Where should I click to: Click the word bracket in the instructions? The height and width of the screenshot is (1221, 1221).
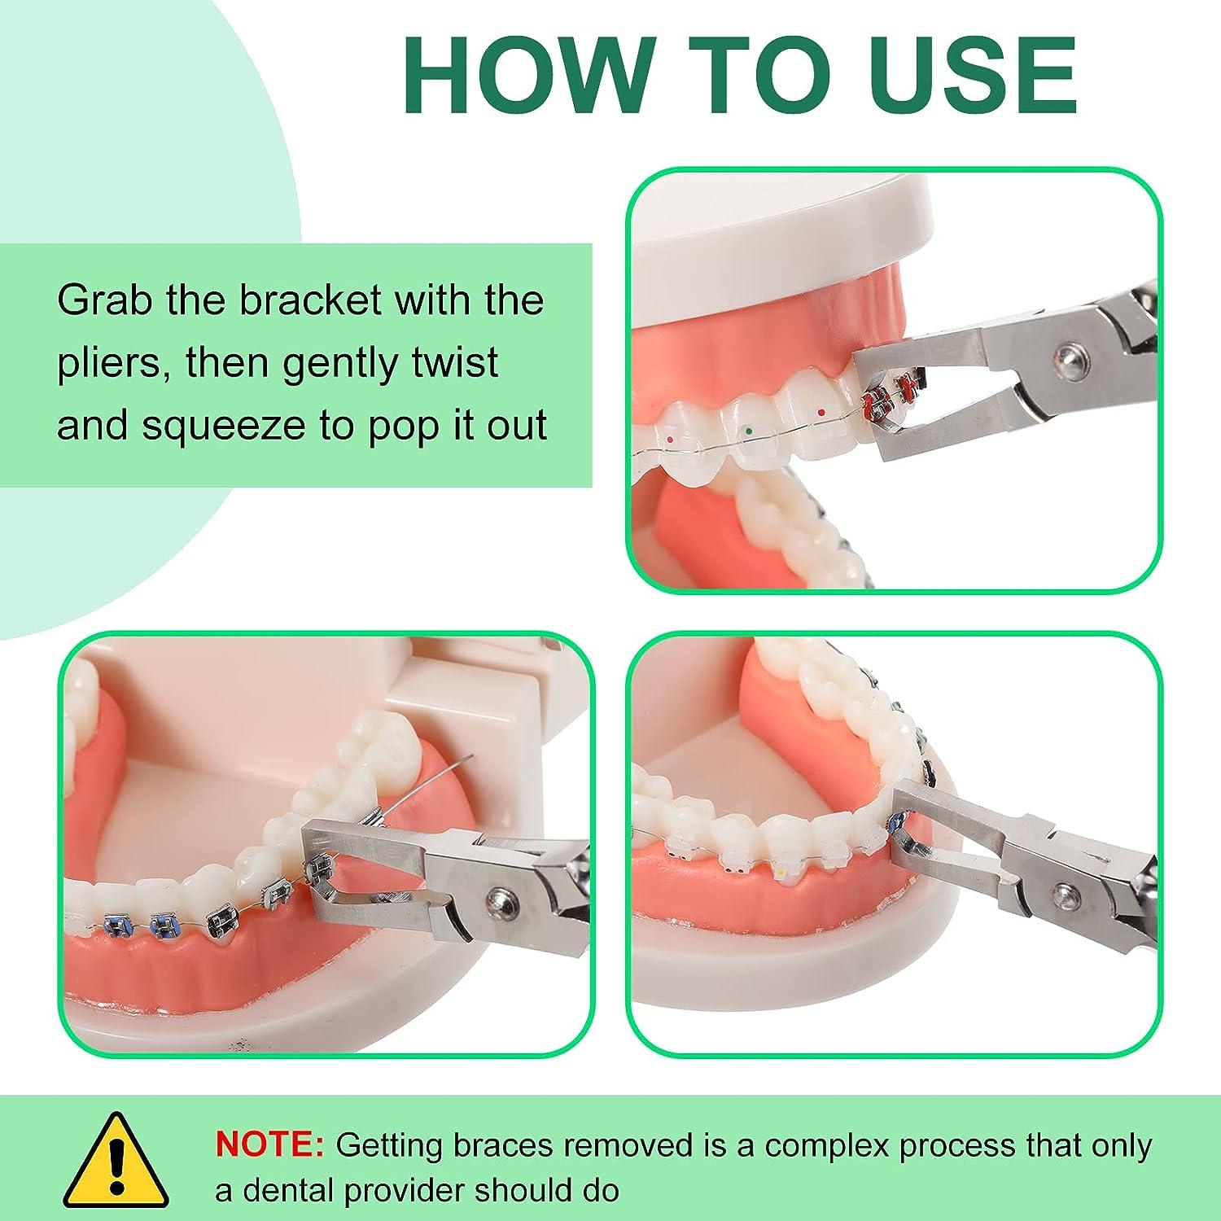310,300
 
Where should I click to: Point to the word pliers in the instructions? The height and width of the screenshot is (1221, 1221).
113,364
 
